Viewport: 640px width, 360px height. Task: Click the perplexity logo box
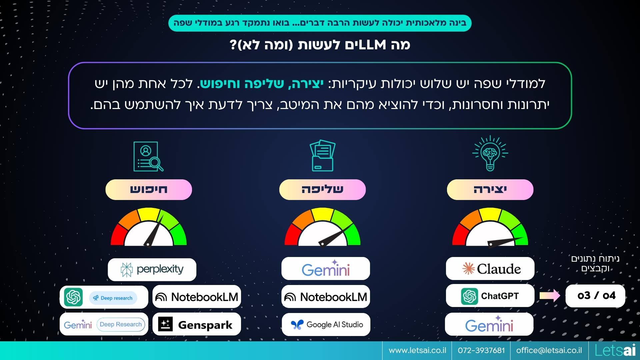[152, 269]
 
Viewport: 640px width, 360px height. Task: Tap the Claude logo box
[490, 268]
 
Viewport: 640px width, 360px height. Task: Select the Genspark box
[197, 324]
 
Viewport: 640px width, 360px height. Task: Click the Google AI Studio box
[326, 324]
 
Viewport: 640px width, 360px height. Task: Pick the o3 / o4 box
[595, 296]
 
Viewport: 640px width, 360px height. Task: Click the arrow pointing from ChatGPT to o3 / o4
[550, 295]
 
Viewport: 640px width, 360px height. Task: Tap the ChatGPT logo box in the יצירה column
[490, 296]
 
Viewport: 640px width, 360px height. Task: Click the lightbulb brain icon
[490, 153]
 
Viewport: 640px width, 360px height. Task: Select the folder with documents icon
[322, 155]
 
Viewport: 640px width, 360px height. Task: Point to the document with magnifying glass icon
[148, 156]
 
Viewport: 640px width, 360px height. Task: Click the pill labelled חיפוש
[149, 190]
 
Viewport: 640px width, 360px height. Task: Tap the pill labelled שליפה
[322, 190]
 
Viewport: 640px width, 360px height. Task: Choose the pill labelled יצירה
[490, 190]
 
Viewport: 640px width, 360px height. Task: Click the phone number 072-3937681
[481, 350]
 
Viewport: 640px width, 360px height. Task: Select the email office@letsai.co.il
[549, 350]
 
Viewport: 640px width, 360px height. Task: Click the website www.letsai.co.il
[417, 350]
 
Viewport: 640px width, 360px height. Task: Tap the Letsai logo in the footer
[615, 350]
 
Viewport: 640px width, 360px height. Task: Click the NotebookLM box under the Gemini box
[326, 297]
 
